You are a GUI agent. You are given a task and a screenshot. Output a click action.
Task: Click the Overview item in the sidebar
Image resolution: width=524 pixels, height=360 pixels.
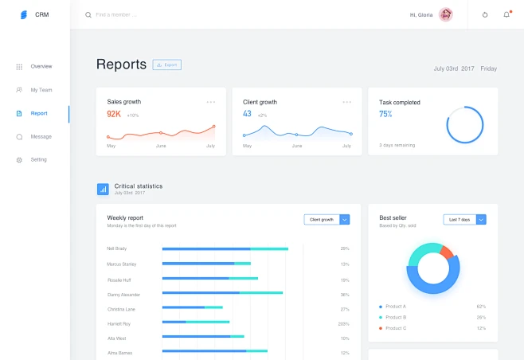click(x=41, y=66)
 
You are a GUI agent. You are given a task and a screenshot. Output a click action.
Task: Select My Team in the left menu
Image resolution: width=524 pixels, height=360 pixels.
click(x=41, y=90)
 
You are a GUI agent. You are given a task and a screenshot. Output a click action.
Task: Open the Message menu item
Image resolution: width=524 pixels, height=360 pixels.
click(x=41, y=137)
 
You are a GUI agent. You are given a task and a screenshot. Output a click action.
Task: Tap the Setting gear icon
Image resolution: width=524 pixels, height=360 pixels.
click(x=19, y=160)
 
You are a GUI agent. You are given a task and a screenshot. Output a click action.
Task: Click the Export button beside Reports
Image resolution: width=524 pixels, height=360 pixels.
click(x=167, y=65)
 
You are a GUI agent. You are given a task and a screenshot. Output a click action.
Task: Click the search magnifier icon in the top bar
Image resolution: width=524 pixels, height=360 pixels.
click(x=88, y=15)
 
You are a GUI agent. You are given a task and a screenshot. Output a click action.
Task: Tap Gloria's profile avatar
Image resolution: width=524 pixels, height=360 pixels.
click(x=446, y=14)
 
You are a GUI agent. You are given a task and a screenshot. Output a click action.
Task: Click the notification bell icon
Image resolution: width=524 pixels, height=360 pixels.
click(x=506, y=14)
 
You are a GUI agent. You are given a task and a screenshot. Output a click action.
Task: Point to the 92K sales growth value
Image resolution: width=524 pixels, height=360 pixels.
click(x=114, y=115)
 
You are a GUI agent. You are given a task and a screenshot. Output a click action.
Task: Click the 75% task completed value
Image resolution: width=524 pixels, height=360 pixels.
click(x=385, y=114)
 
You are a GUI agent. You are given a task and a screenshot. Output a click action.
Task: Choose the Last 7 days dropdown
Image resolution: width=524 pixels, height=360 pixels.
click(x=464, y=219)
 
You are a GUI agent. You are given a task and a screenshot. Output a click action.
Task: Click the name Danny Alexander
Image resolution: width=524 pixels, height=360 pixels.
click(x=123, y=295)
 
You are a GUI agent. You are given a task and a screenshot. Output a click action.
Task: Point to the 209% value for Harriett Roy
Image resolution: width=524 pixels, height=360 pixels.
click(x=343, y=324)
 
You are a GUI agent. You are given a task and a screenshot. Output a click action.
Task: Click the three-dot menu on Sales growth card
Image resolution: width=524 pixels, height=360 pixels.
click(x=211, y=102)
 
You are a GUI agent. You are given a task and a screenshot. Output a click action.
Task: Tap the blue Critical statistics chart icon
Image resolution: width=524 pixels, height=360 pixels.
click(x=103, y=190)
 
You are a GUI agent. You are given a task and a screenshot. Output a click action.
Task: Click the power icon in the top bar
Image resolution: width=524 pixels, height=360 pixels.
click(x=485, y=14)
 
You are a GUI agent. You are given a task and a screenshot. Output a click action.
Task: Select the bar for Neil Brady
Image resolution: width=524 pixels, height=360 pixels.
click(x=225, y=249)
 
